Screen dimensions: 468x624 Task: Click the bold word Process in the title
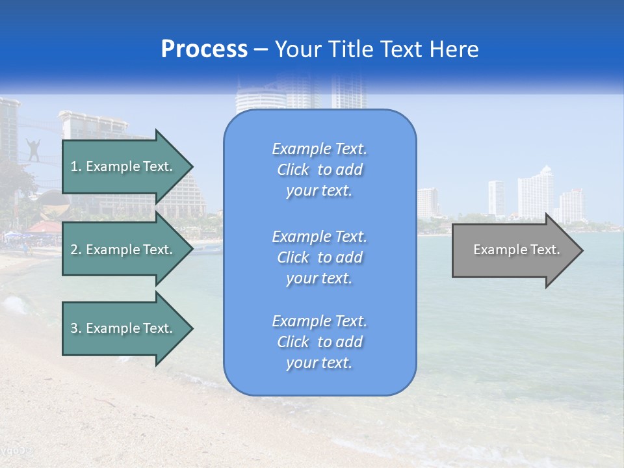tap(204, 49)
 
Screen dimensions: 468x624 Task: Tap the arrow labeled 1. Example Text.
tap(122, 166)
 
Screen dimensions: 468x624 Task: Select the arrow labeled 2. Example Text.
tap(122, 250)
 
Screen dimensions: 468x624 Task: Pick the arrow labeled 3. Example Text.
tap(122, 328)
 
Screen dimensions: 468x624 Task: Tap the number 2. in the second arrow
tap(76, 250)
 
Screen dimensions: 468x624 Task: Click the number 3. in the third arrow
tap(76, 328)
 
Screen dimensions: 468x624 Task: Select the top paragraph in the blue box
tap(319, 170)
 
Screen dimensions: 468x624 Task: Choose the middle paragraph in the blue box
tap(319, 257)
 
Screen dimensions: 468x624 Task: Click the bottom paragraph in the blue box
tap(319, 342)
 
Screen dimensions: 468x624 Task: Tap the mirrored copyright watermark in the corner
tap(16, 450)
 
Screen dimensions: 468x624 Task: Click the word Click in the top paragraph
tap(293, 170)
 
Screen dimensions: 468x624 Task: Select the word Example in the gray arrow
tap(494, 250)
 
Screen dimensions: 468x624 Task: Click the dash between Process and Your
tap(261, 50)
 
